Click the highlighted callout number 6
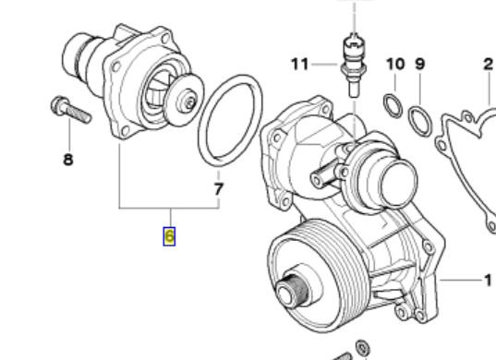tap(169, 236)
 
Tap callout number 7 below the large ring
tap(218, 189)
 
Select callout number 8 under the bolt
tap(68, 160)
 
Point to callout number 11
tap(299, 65)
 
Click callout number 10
tap(395, 64)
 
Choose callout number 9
tap(419, 64)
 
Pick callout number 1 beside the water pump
tap(488, 280)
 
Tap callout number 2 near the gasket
tap(489, 65)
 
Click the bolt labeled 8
tap(71, 109)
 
